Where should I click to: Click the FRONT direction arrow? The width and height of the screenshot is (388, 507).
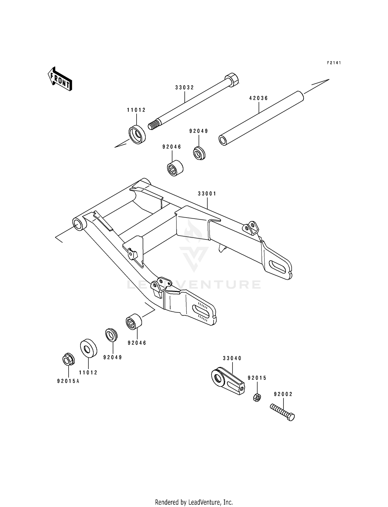60,79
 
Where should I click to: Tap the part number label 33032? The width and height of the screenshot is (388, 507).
184,88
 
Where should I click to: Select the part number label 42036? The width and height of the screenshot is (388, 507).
259,98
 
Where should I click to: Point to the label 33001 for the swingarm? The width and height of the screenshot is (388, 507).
207,194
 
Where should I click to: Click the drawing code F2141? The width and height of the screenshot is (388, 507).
334,63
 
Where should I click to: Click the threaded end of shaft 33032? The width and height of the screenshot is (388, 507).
153,125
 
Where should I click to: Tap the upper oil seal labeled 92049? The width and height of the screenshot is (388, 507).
199,153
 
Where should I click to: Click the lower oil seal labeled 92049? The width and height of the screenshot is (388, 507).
111,335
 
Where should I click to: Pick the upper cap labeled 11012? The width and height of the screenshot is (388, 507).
137,134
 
